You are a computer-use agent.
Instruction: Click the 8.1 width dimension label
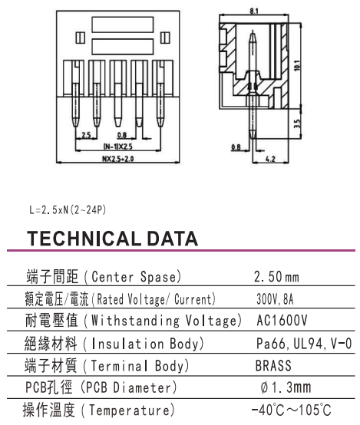(x=254, y=11)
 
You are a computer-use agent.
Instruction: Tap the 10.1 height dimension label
(x=297, y=65)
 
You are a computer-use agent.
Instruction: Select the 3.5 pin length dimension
(x=297, y=124)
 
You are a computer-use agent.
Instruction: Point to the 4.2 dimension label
(x=270, y=159)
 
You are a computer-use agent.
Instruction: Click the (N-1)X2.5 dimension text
(x=118, y=147)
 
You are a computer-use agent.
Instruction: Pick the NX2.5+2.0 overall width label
(x=118, y=159)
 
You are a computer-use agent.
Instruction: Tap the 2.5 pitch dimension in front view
(x=86, y=135)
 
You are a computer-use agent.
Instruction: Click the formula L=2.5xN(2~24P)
(x=68, y=209)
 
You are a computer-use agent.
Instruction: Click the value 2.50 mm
(x=276, y=277)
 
